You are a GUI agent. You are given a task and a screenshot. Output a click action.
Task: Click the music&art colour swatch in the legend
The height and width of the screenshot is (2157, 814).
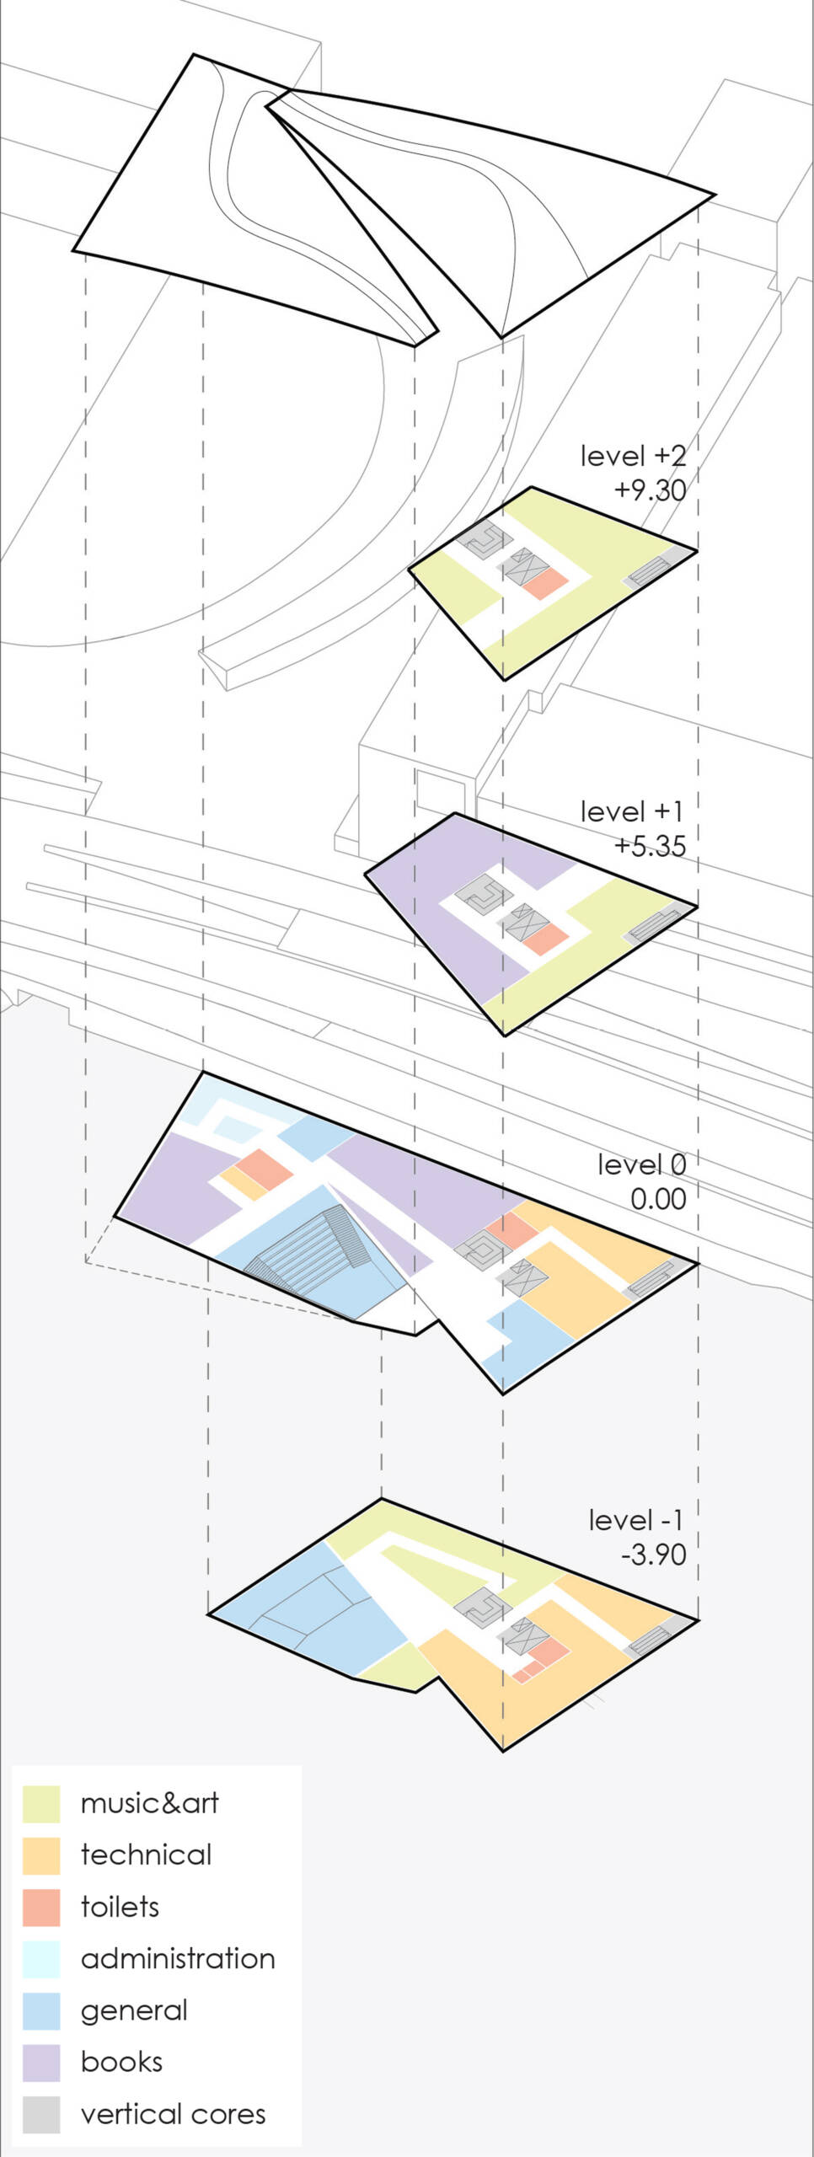[x=41, y=1803]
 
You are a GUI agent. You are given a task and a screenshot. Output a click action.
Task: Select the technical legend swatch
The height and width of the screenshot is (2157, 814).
[x=41, y=1855]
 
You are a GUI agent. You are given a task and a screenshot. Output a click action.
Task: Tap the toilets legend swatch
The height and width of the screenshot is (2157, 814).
[x=41, y=1907]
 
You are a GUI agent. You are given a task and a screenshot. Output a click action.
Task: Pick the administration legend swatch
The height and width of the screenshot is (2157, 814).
[x=41, y=1959]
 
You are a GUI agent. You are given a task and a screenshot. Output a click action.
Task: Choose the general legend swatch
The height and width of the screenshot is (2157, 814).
[x=41, y=2010]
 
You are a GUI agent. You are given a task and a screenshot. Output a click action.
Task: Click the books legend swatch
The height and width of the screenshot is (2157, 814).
[x=41, y=2063]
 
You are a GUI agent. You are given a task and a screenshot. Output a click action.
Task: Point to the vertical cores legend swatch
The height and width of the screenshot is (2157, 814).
[x=41, y=2114]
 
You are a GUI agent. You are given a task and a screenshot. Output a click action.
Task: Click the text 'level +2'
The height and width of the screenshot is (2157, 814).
[x=633, y=456]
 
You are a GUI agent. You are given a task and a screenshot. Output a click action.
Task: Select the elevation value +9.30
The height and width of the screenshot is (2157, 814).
[x=650, y=490]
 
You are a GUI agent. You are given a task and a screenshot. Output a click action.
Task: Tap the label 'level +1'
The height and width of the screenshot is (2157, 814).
[x=632, y=811]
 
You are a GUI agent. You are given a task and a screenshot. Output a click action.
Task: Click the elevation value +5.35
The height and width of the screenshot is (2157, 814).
[x=650, y=846]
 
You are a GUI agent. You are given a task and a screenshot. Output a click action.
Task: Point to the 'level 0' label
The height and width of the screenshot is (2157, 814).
[x=642, y=1164]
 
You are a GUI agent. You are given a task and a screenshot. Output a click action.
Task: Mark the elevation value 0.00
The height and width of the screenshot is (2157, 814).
[x=658, y=1199]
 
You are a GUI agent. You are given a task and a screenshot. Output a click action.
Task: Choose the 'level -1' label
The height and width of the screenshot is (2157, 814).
[x=636, y=1520]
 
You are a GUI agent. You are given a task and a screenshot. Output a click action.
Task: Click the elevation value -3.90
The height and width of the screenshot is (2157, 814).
[x=654, y=1555]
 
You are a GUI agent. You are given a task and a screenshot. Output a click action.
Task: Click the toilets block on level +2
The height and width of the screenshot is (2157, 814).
[x=543, y=583]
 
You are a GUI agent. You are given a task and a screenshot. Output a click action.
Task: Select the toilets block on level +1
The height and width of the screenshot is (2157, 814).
[x=543, y=939]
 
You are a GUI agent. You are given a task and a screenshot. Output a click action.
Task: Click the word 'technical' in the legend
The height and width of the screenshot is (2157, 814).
[x=146, y=1855]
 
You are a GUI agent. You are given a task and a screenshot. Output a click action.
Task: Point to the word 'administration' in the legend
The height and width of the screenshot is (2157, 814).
[x=178, y=1959]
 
